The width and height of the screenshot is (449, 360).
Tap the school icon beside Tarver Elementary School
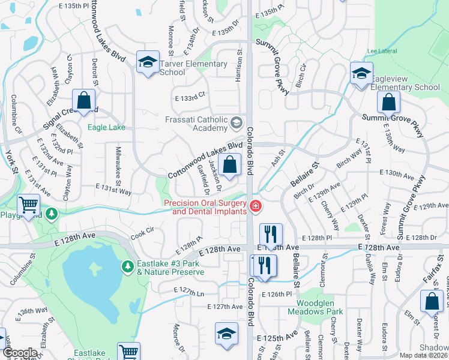148,62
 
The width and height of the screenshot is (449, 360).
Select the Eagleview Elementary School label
405,83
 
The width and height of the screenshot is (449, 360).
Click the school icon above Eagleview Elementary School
361,74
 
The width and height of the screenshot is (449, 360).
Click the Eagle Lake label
106,127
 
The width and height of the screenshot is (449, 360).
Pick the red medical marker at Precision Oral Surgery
256,206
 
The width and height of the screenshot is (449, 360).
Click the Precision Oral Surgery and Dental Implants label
205,207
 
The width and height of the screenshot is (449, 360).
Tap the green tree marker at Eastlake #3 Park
127,266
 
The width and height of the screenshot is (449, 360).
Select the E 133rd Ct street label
190,95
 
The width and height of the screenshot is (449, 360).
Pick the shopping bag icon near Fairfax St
432,302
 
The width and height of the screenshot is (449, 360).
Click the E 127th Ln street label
189,292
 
